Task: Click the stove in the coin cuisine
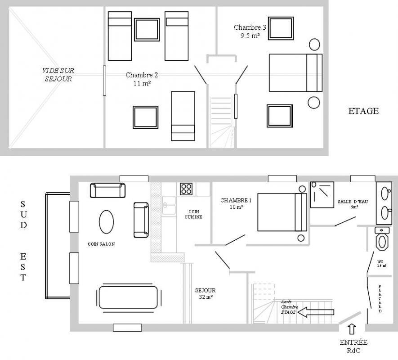tap(186, 189)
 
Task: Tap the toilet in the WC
tap(382, 238)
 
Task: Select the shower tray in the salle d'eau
tap(322, 194)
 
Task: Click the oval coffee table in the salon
tap(106, 222)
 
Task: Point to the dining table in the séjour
tap(129, 297)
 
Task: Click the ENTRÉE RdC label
tap(353, 346)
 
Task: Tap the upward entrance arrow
tap(352, 329)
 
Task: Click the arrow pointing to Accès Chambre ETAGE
tap(316, 312)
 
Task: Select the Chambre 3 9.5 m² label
tap(250, 31)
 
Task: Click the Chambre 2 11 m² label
tap(142, 79)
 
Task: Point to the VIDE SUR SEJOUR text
tap(58, 75)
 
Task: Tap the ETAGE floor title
tap(363, 111)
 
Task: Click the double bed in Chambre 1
tap(282, 212)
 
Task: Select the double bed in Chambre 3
tap(296, 72)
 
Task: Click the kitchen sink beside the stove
tap(169, 205)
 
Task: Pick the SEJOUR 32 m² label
tap(206, 293)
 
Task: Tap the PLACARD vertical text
tap(380, 299)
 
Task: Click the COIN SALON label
tap(101, 244)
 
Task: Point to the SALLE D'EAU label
tap(353, 204)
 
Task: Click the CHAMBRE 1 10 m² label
tap(236, 204)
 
